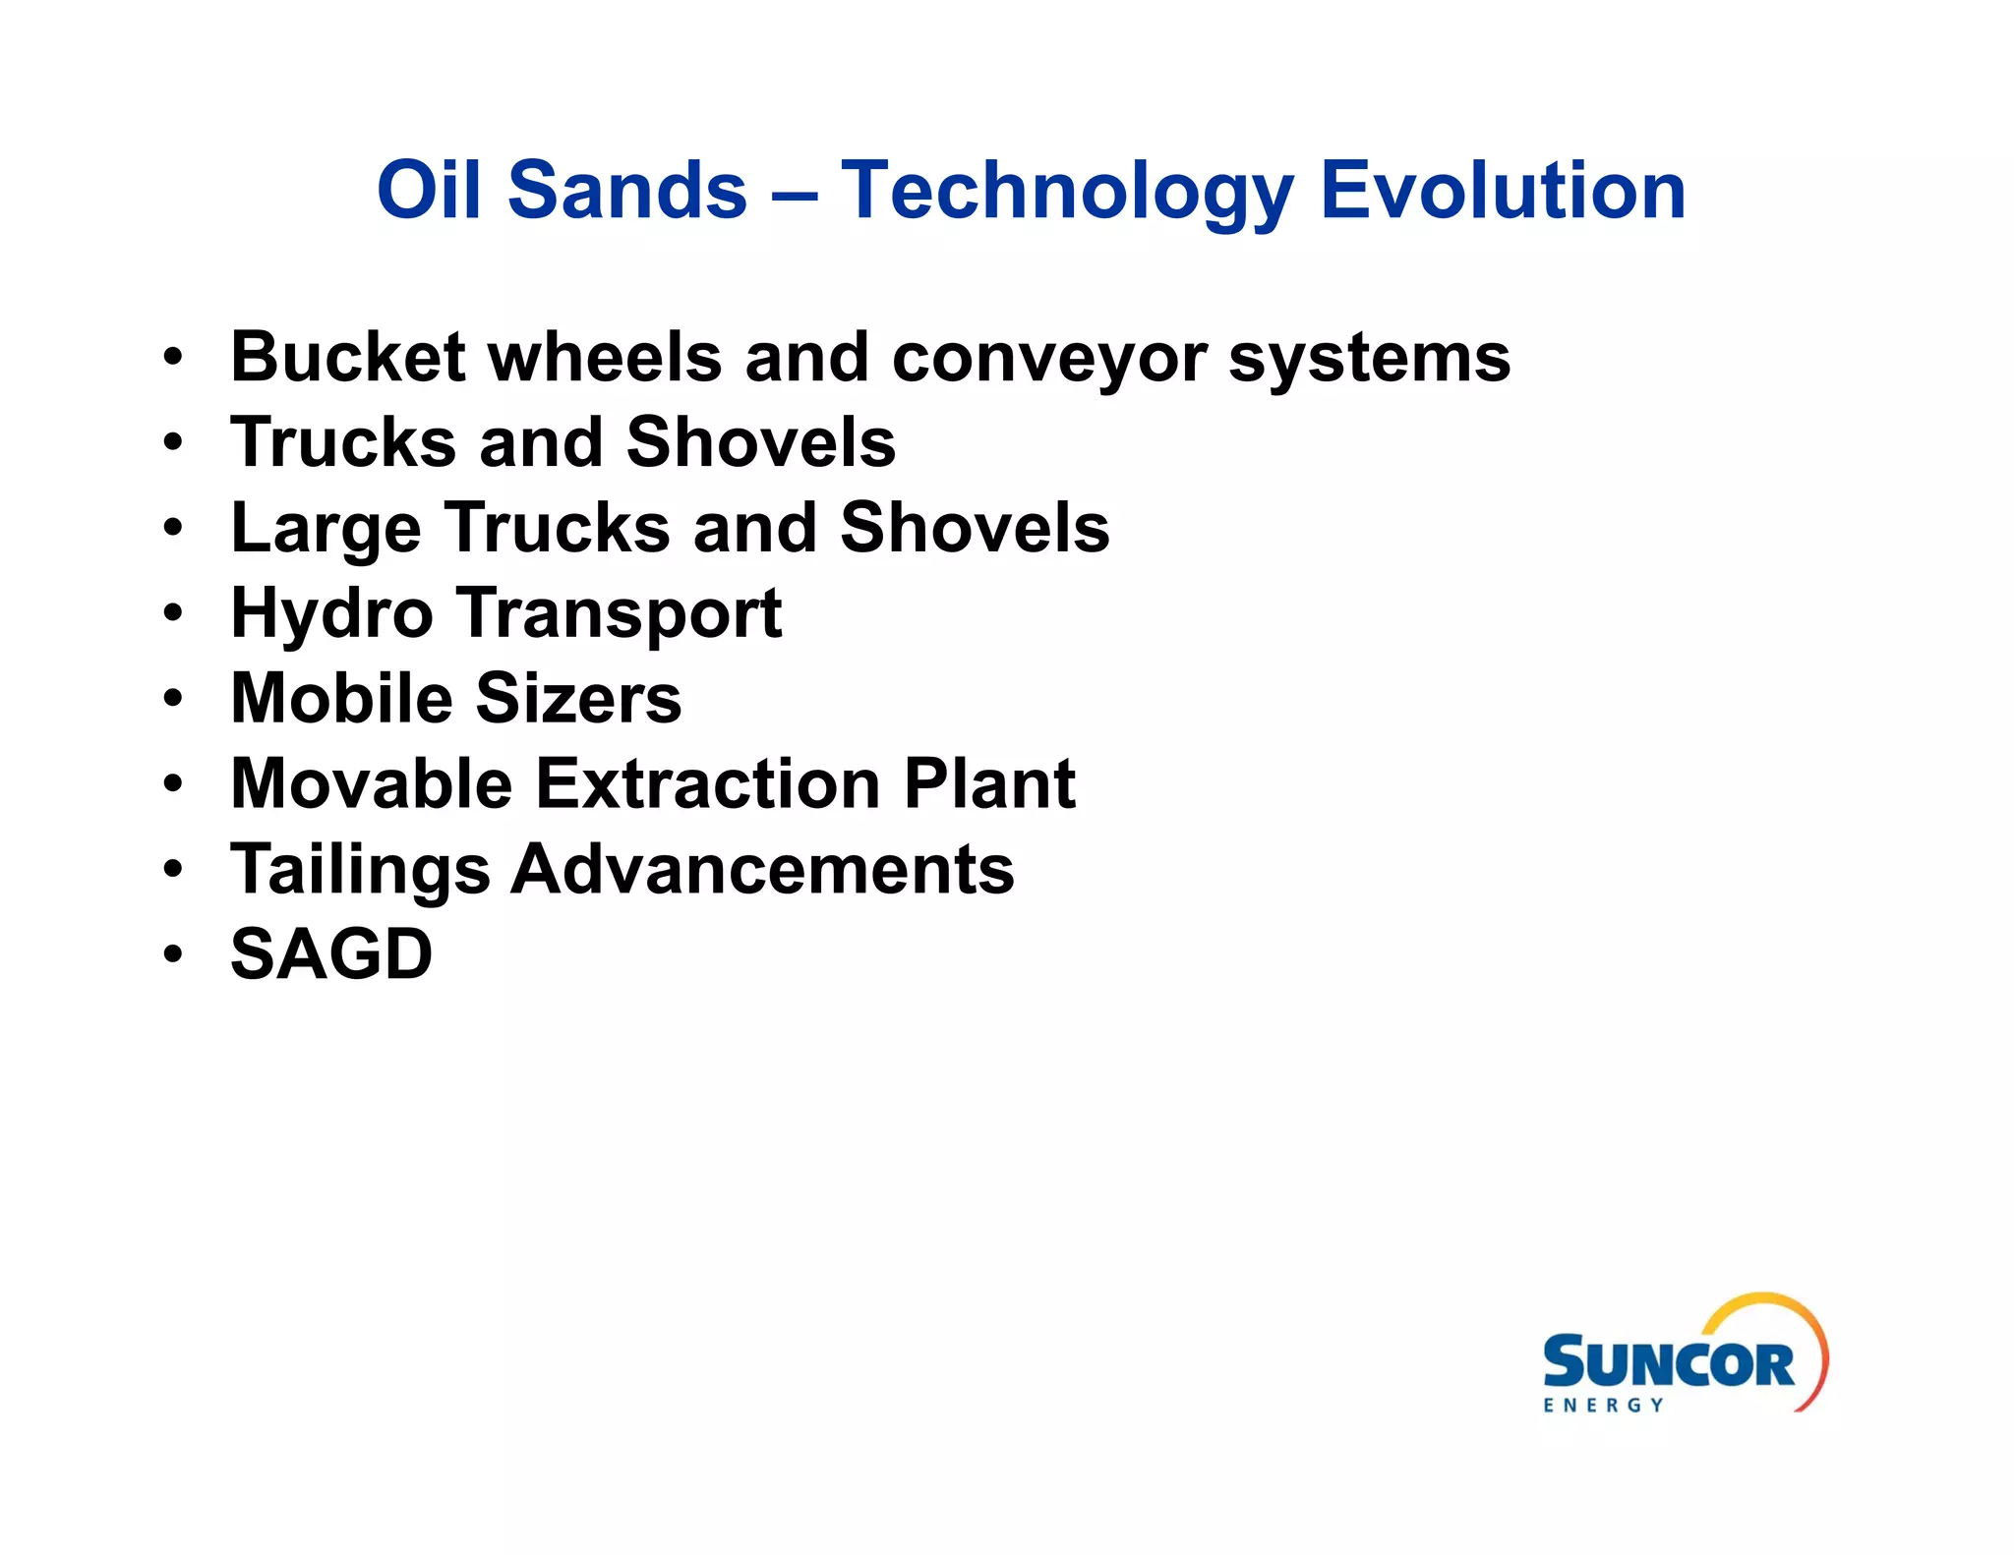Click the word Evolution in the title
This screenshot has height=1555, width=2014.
1503,191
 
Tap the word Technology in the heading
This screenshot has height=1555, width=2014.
1066,191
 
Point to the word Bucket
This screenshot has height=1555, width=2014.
347,357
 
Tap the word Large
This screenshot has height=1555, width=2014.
326,529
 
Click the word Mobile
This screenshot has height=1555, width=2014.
340,699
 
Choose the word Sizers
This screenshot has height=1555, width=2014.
578,699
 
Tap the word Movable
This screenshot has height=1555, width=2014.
371,783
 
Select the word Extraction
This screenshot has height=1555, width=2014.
708,783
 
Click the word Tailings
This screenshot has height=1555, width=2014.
359,870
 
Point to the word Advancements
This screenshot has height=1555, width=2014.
762,870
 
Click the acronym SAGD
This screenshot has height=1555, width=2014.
330,954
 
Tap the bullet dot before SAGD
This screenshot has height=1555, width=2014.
173,954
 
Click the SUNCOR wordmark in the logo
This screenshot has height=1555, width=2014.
1668,1363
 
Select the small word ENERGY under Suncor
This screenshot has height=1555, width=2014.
1603,1406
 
